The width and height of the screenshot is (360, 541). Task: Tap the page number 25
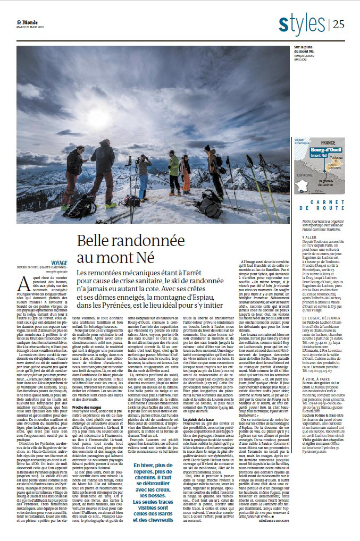[339, 24]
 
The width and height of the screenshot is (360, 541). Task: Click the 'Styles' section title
[302, 23]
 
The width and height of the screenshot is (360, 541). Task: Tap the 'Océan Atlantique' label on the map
[302, 140]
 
